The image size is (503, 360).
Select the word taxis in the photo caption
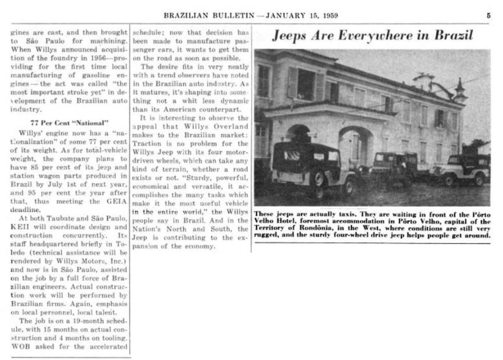(330, 214)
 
